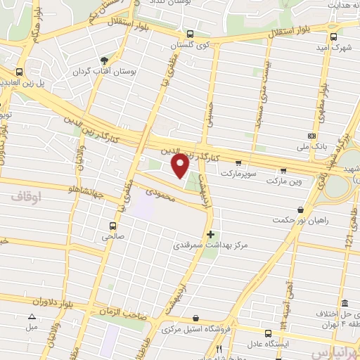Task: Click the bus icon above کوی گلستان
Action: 190,34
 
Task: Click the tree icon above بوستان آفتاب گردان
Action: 104,60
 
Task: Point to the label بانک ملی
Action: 310,147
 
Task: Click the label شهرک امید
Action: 333,49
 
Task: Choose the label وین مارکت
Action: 283,181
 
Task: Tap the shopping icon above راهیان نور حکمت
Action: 301,210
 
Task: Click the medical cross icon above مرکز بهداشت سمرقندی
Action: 210,234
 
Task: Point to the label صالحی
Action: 112,237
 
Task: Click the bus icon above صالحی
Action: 112,226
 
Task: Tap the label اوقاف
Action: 47,199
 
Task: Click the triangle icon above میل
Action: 32,317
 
